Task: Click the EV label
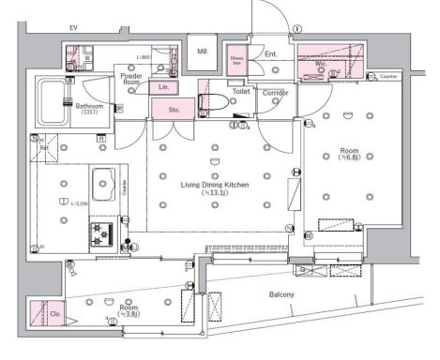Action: [72, 28]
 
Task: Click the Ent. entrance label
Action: [270, 54]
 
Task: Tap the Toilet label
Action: [240, 92]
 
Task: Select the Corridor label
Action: [275, 92]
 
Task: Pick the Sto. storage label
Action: [175, 110]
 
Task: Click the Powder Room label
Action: [130, 79]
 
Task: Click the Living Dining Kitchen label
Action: [215, 188]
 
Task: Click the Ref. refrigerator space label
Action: [43, 147]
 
